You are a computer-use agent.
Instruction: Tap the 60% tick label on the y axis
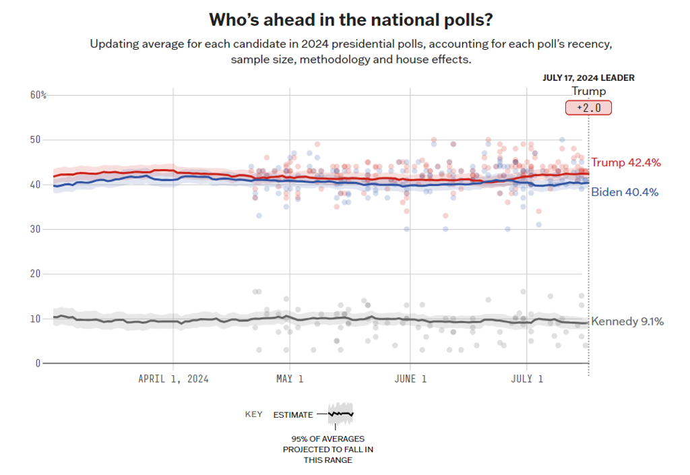38,95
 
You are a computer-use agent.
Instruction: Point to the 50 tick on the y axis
34,140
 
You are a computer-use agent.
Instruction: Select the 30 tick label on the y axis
34,229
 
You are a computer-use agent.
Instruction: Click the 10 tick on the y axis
34,319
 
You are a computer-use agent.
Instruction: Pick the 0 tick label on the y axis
38,363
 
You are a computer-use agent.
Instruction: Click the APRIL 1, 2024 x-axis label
173,379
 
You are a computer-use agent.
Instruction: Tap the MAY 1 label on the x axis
288,379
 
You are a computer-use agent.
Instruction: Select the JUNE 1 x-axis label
410,379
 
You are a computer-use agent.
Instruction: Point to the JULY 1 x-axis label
526,379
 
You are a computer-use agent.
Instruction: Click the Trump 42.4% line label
625,162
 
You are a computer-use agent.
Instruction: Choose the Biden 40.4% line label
625,192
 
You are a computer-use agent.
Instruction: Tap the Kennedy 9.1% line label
627,322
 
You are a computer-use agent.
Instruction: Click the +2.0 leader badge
588,108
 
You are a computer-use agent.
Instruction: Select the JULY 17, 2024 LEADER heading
588,78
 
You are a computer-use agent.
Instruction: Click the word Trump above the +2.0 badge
588,92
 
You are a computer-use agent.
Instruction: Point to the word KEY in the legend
253,415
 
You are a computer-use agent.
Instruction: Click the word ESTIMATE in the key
293,415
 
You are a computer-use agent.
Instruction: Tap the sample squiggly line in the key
340,413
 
